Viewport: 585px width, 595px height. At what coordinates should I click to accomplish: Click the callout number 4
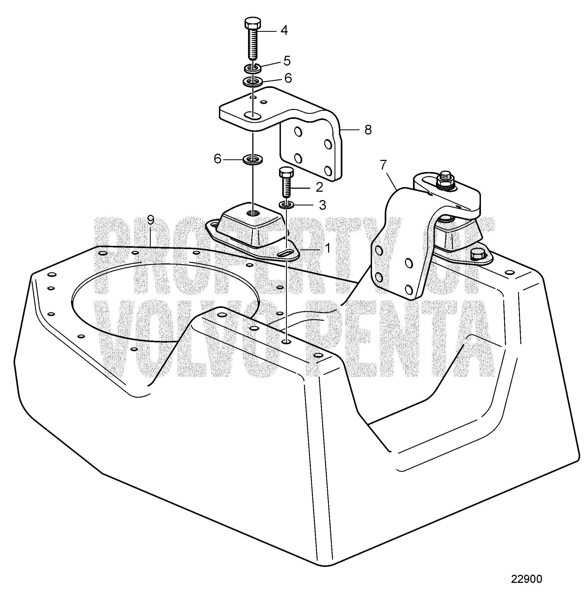(x=284, y=30)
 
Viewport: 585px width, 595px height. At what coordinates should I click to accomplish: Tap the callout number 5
(x=287, y=61)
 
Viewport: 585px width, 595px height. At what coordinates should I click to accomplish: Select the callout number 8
(x=368, y=130)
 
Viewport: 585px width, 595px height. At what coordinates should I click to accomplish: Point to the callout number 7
(x=383, y=165)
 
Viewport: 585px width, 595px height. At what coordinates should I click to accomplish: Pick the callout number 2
(x=319, y=187)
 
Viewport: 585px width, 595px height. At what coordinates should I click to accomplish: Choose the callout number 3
(x=322, y=205)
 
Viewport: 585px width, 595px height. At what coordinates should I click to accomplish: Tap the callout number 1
(x=328, y=248)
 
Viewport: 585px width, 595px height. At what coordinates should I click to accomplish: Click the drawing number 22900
(x=526, y=579)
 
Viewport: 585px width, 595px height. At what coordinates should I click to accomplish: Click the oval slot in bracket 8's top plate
(x=253, y=116)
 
